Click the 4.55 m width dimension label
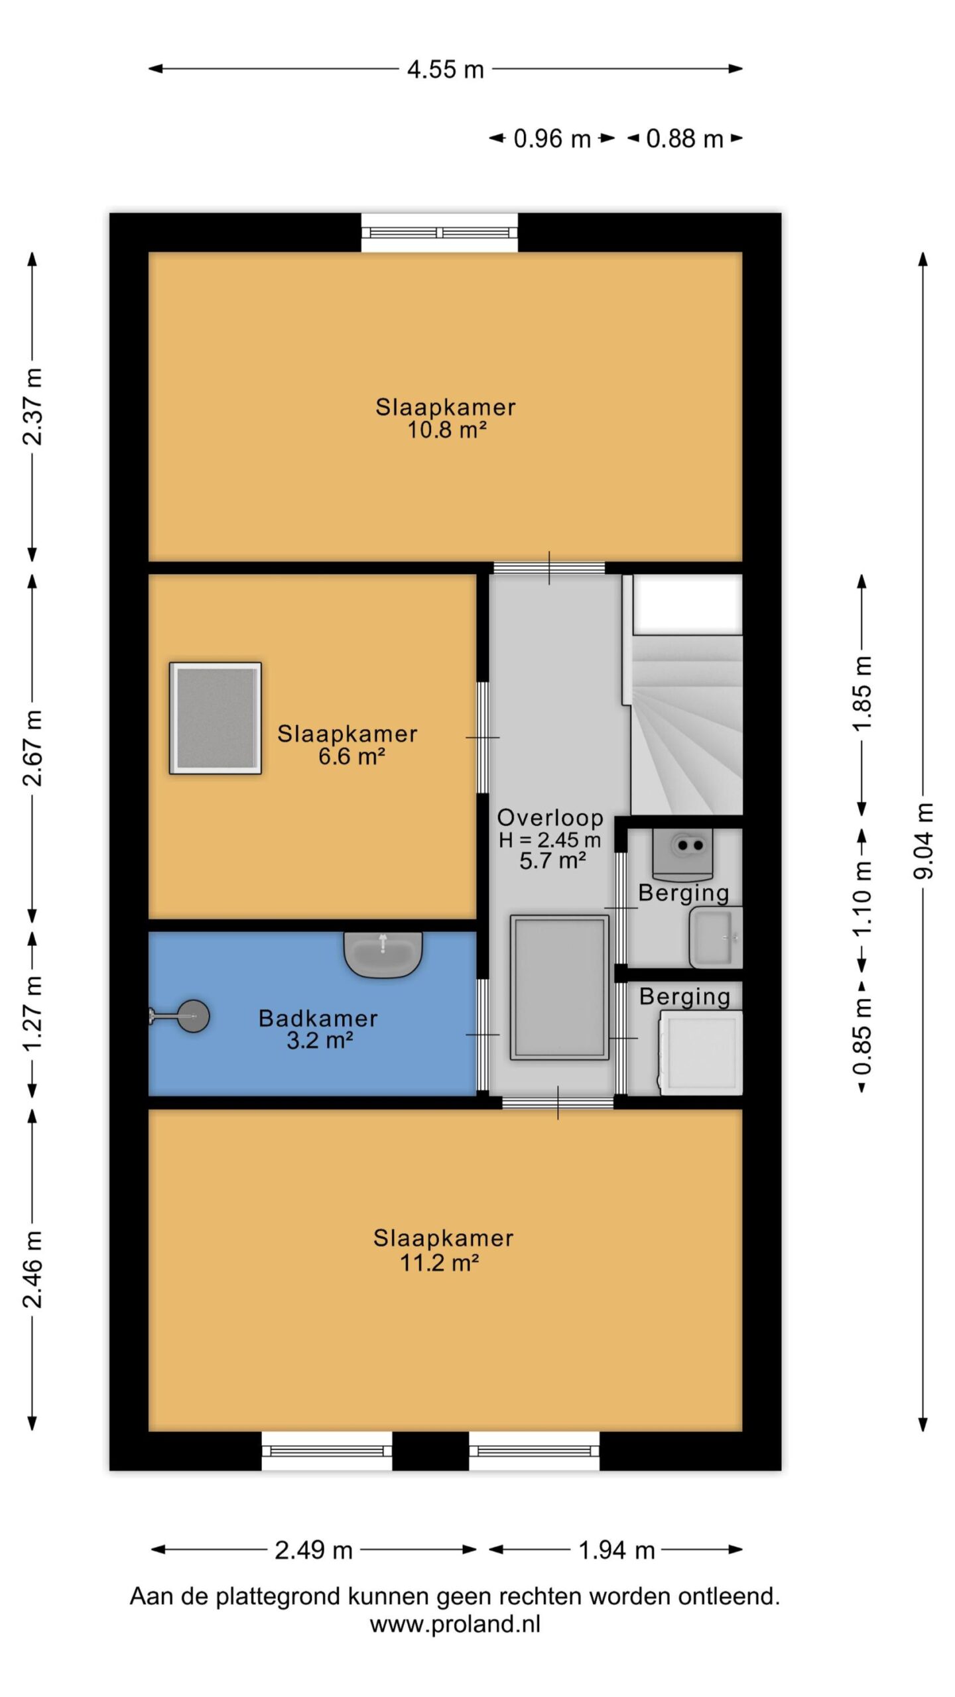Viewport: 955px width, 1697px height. click(x=445, y=69)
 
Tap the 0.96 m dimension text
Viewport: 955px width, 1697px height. click(x=552, y=139)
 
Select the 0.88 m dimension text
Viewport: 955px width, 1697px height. click(x=684, y=139)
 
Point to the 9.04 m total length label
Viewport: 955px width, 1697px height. click(x=923, y=841)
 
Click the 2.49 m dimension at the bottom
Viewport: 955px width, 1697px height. click(x=314, y=1551)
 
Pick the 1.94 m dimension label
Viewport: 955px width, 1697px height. click(x=617, y=1551)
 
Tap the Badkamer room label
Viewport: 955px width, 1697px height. click(x=318, y=1018)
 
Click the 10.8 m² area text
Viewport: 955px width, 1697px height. click(x=447, y=430)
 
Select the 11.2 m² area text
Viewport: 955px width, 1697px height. click(x=440, y=1263)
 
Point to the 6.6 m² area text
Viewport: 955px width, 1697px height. click(x=352, y=756)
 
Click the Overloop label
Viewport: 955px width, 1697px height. click(x=550, y=818)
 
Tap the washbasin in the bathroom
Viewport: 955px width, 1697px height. click(x=383, y=955)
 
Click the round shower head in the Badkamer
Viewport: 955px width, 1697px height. click(x=193, y=1016)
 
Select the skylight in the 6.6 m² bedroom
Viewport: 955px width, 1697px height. click(x=216, y=718)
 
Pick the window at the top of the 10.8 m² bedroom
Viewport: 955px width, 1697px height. click(x=440, y=232)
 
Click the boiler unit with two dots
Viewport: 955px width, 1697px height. click(x=682, y=854)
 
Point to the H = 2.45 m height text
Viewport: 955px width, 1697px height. click(x=550, y=840)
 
